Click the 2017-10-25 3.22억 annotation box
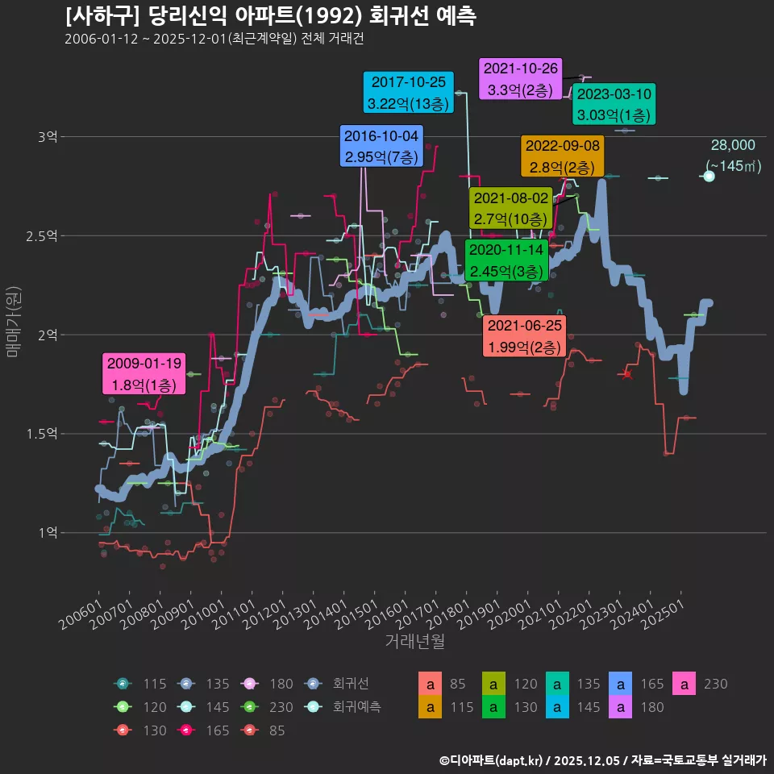click(409, 93)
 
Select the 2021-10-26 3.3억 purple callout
click(520, 79)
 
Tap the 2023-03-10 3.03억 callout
click(614, 105)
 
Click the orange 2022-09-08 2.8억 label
click(562, 156)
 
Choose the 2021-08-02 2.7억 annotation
click(510, 208)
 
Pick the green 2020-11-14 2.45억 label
click(507, 260)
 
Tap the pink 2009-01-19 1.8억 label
click(144, 373)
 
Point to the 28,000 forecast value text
click(732, 145)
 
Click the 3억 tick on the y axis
click(47, 137)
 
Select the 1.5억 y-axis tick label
click(42, 435)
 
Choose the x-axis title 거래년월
click(414, 641)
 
